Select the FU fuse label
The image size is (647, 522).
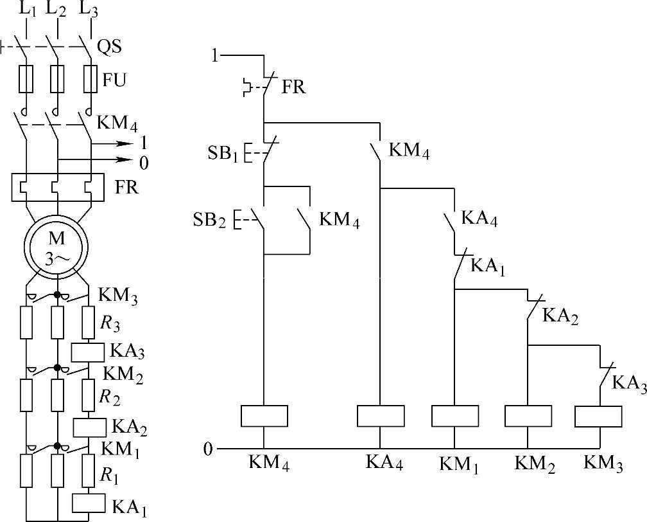click(x=114, y=80)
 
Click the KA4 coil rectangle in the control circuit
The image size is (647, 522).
click(x=381, y=416)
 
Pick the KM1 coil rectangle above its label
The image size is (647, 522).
click(x=455, y=416)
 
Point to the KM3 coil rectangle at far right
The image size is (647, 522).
click(x=598, y=416)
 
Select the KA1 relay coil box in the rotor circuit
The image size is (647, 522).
click(x=89, y=501)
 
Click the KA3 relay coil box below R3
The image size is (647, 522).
click(x=87, y=351)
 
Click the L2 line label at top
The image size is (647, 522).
click(x=56, y=9)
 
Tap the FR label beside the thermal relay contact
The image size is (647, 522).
click(x=294, y=87)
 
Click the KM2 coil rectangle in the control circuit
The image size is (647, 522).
click(x=528, y=416)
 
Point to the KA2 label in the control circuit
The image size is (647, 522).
click(x=560, y=316)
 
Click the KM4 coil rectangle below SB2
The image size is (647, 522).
click(x=264, y=416)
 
